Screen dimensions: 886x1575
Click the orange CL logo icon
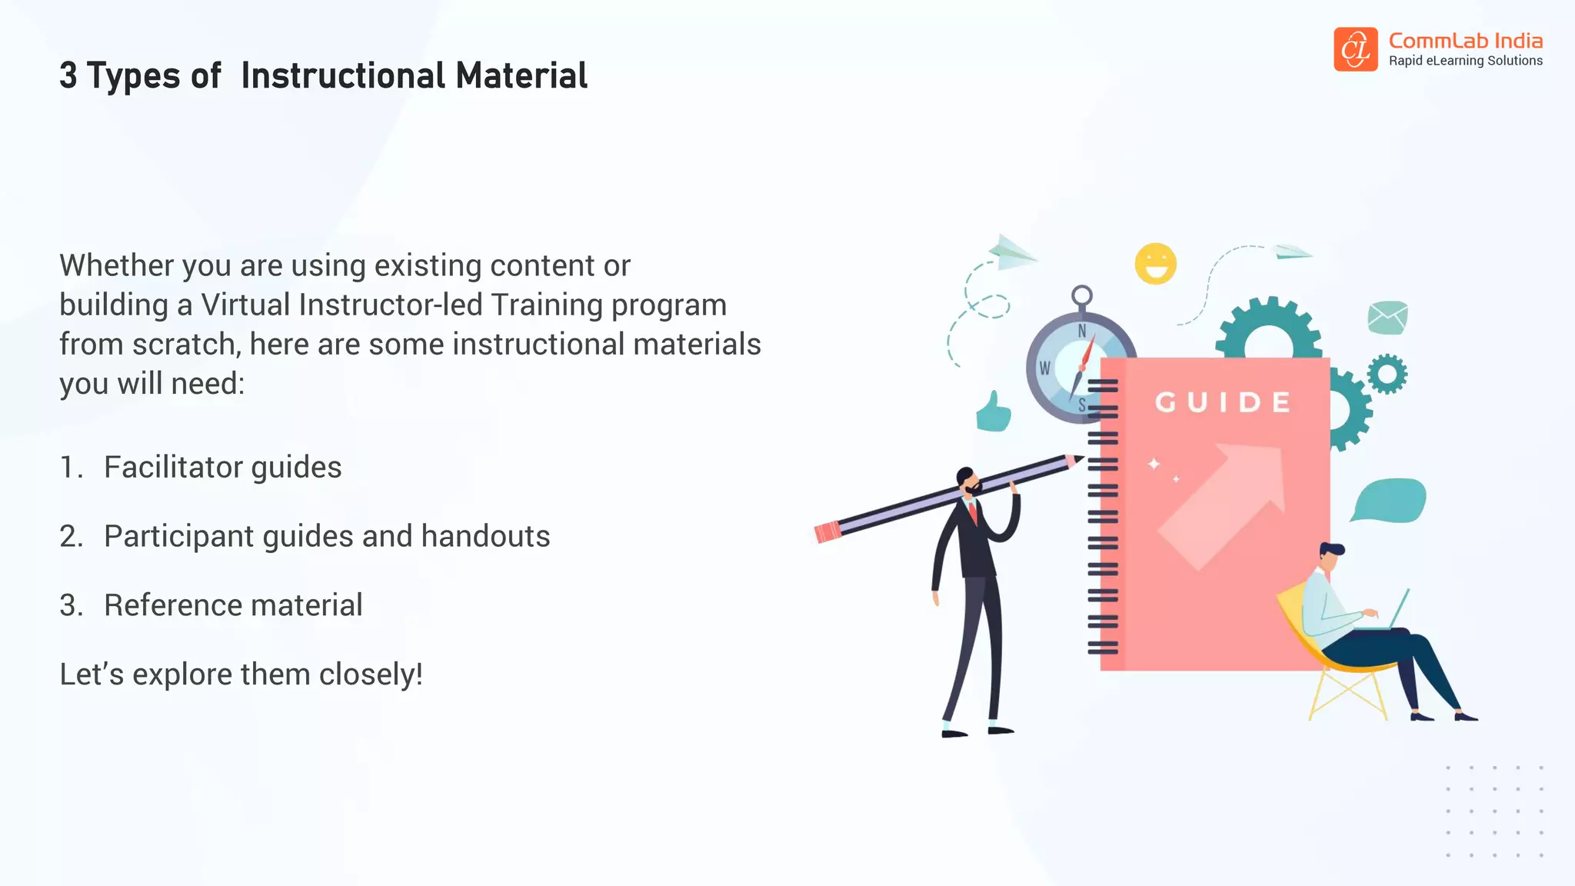click(x=1355, y=49)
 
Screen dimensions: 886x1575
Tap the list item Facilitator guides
click(x=222, y=468)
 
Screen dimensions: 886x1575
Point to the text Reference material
click(x=233, y=606)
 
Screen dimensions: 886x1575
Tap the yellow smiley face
click(x=1155, y=264)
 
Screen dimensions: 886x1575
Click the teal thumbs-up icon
click(x=993, y=412)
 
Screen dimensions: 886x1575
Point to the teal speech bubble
click(x=1390, y=501)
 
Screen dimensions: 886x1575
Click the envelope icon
click(x=1387, y=317)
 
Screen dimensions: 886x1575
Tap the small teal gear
click(x=1387, y=375)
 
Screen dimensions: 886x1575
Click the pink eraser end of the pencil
click(x=827, y=532)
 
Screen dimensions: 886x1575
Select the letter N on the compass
click(x=1082, y=331)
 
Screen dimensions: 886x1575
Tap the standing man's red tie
click(x=973, y=511)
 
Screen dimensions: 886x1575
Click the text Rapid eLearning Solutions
click(x=1465, y=61)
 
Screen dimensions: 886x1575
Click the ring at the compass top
click(x=1082, y=295)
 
